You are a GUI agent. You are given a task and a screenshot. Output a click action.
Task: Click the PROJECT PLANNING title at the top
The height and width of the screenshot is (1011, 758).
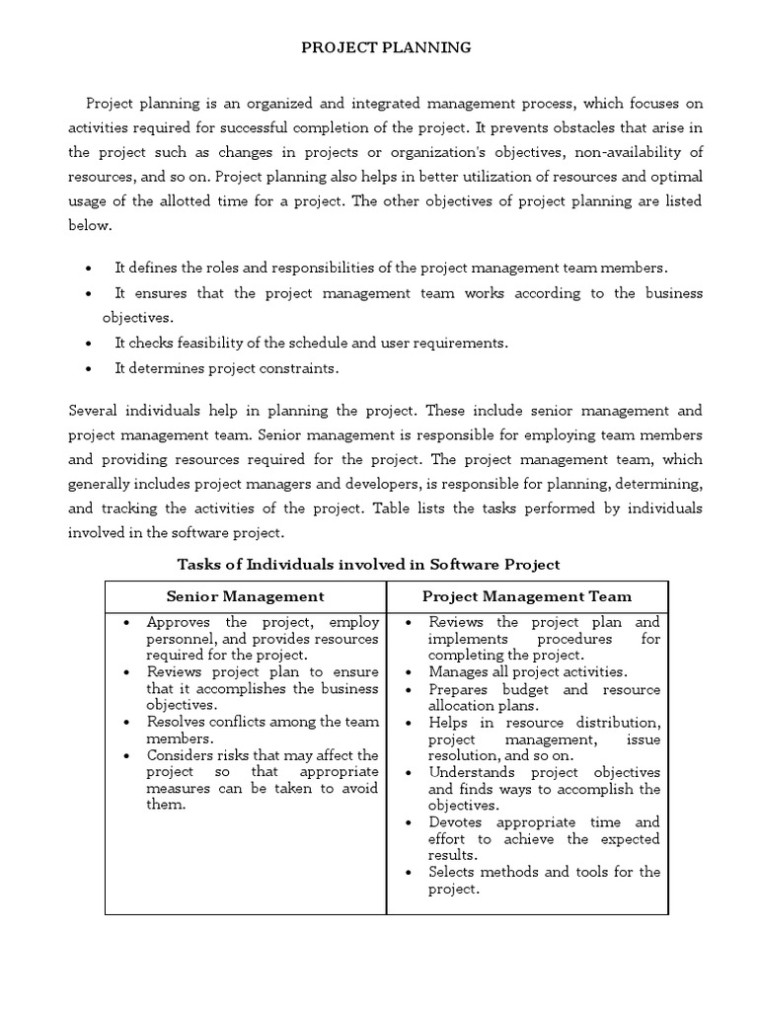pyautogui.click(x=379, y=46)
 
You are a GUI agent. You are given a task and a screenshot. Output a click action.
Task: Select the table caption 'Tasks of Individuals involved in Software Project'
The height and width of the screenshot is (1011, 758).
pyautogui.click(x=368, y=565)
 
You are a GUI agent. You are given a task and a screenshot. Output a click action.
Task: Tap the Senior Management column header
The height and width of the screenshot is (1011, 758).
pyautogui.click(x=245, y=596)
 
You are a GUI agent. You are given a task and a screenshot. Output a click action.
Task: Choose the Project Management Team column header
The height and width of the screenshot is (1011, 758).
pyautogui.click(x=527, y=596)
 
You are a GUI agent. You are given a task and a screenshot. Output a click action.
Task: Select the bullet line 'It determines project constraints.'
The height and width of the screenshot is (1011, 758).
pyautogui.click(x=226, y=368)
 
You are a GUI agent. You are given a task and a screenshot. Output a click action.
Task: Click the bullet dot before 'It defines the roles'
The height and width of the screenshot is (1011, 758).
pyautogui.click(x=90, y=269)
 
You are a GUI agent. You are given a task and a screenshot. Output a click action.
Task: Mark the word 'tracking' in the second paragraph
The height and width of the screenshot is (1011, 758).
pyautogui.click(x=130, y=509)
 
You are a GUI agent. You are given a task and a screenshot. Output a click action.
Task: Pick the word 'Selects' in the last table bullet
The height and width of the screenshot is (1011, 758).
pyautogui.click(x=453, y=872)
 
